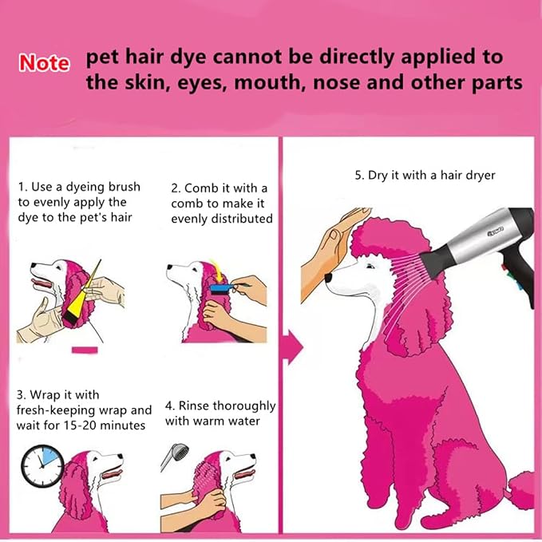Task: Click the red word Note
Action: click(44, 63)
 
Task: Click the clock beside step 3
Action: click(42, 465)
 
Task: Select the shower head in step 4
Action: click(176, 457)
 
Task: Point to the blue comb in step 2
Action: click(221, 289)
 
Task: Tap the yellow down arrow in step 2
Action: click(217, 271)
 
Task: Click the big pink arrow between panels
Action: click(293, 347)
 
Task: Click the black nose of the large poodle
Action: click(328, 277)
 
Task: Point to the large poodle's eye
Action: click(370, 266)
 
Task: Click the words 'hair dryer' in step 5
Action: click(468, 176)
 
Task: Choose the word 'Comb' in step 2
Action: click(200, 188)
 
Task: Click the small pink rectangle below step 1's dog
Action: click(85, 350)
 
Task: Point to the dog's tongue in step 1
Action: click(42, 283)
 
